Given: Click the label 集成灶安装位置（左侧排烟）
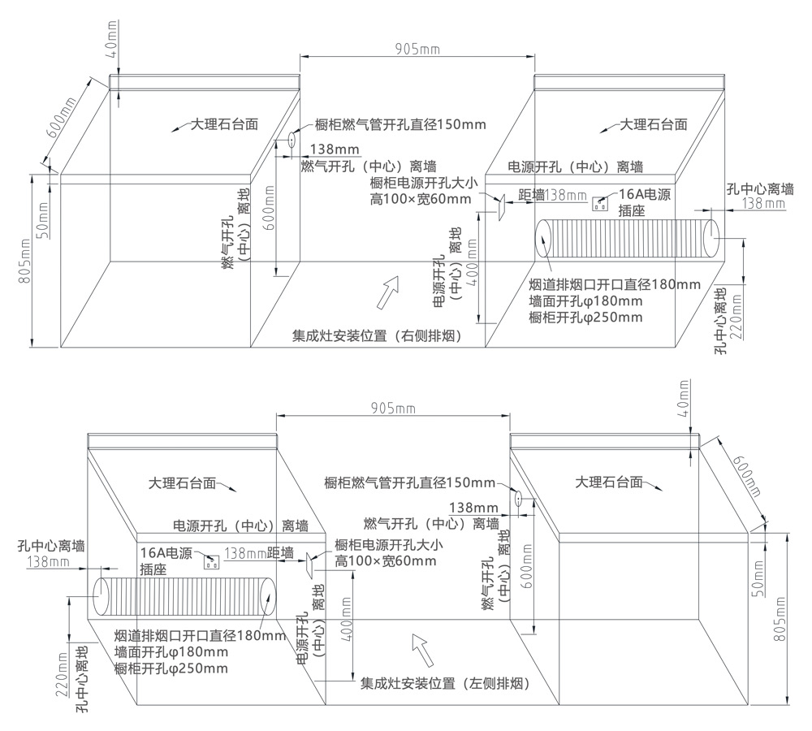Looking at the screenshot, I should [445, 685].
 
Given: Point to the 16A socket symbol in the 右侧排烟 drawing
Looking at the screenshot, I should [601, 203].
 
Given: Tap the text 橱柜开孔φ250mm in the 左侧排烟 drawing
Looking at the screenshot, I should [171, 668].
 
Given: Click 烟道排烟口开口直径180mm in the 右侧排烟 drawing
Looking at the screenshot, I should [614, 284].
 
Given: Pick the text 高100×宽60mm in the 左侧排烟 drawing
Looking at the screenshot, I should [385, 560].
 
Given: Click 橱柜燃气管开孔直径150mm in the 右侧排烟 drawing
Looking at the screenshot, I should [395, 125].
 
